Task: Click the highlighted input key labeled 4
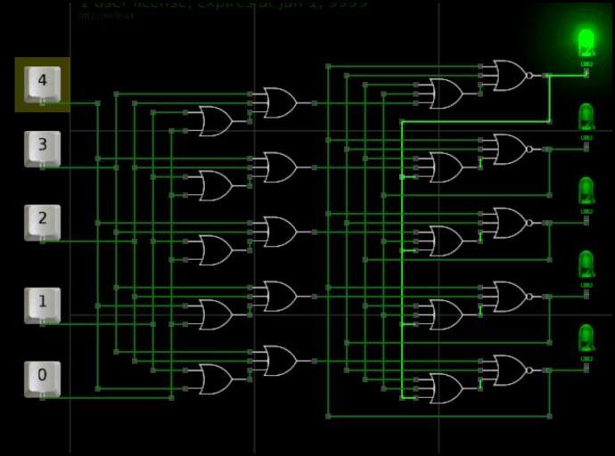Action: coord(42,83)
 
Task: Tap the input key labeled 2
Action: coord(42,220)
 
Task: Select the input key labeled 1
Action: coord(42,303)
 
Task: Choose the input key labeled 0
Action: coord(42,378)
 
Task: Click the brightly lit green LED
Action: coord(586,41)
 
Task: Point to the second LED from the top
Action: coord(586,115)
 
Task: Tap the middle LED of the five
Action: coord(586,189)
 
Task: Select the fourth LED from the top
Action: coord(586,263)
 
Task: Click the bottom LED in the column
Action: coord(586,337)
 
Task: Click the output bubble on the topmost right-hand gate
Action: coord(529,76)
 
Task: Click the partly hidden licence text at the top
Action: coord(218,4)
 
